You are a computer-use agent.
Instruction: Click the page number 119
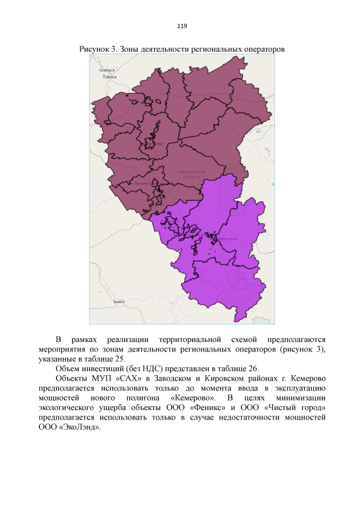pyautogui.click(x=182, y=26)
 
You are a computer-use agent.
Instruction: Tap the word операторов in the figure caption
pyautogui.click(x=264, y=49)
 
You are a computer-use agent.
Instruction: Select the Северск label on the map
pyautogui.click(x=107, y=70)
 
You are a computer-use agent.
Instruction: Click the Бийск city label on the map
pyautogui.click(x=119, y=302)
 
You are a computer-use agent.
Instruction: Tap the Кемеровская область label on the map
pyautogui.click(x=191, y=174)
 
